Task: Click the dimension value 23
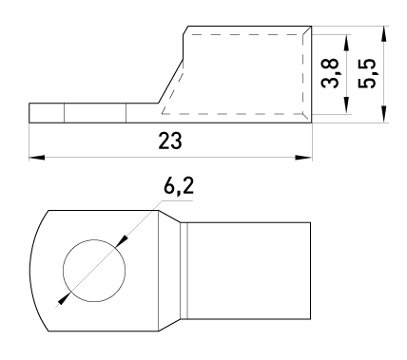point(170,141)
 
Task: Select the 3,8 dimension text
point(330,73)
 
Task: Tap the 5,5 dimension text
point(367,73)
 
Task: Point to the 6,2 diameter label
point(179,186)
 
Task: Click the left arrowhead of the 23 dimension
point(37,158)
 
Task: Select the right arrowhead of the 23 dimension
point(303,158)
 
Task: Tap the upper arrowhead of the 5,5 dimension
point(384,34)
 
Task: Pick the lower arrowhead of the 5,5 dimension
point(384,114)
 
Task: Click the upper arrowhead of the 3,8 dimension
point(347,42)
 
